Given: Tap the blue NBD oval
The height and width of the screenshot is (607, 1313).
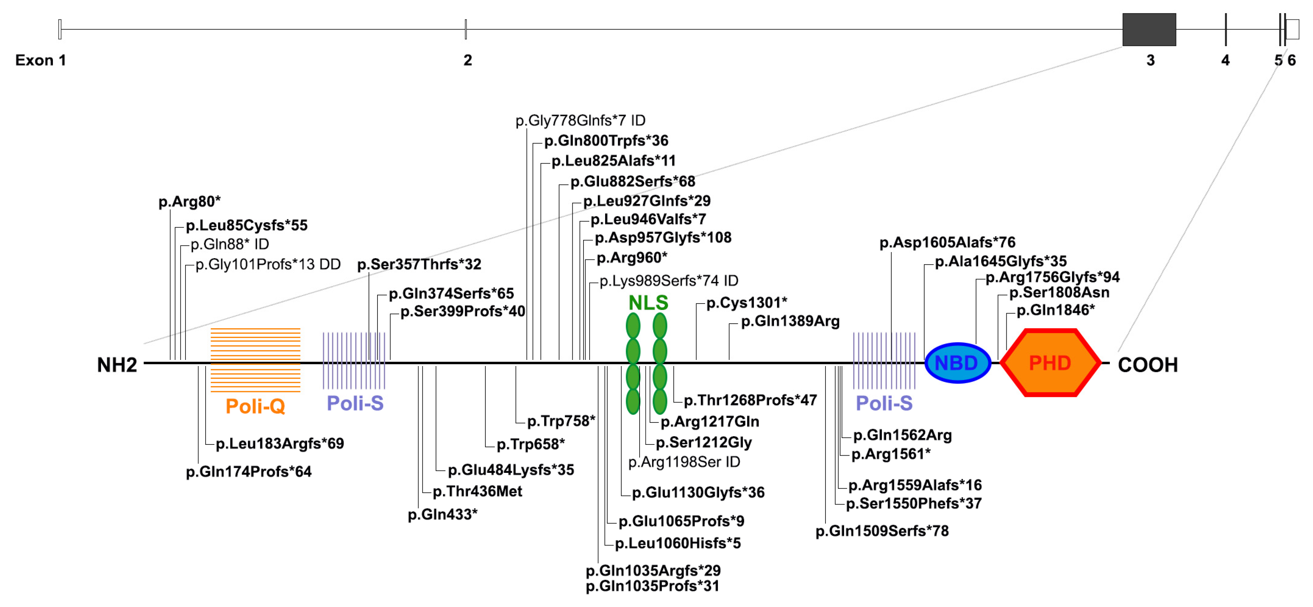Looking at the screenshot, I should (x=957, y=363).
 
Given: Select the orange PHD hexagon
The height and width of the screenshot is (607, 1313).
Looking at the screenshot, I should (x=1050, y=363).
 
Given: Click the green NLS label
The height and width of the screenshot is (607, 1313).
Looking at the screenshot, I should (x=648, y=303).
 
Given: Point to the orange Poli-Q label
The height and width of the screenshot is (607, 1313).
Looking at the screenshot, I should (x=255, y=407).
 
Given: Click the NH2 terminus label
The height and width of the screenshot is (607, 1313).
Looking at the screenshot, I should (x=117, y=365).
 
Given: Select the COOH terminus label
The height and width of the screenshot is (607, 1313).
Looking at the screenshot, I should (x=1147, y=365).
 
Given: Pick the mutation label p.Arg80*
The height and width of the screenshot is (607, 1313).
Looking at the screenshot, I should (x=189, y=202).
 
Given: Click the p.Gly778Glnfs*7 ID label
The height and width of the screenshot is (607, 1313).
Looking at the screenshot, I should (x=580, y=121).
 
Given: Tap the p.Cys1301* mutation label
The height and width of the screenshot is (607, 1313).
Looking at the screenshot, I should (x=746, y=303).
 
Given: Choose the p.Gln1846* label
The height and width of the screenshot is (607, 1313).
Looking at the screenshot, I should (x=1055, y=310).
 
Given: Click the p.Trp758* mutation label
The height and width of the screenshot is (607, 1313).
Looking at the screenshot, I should (x=561, y=421).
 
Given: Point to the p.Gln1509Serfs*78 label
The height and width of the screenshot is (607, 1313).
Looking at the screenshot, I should (x=882, y=531).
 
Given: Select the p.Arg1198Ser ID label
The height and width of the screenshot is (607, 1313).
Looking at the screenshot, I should (x=683, y=462).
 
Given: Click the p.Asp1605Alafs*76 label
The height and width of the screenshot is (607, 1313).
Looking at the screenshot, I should (x=947, y=243).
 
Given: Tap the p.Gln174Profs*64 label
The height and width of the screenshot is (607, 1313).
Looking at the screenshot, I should (x=248, y=472).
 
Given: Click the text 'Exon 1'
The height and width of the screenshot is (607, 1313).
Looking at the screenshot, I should (x=40, y=60).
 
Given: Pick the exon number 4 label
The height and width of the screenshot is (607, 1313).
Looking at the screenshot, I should (x=1225, y=60).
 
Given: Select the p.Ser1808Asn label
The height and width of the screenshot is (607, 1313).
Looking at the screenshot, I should (x=1059, y=293).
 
